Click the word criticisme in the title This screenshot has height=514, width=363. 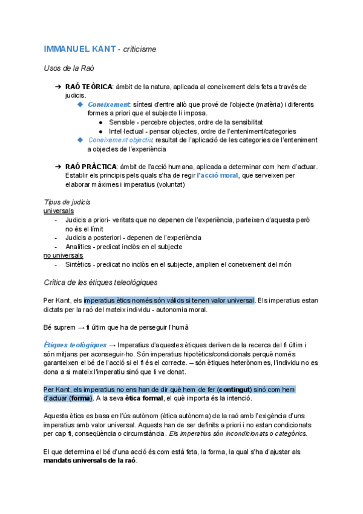point(140,48)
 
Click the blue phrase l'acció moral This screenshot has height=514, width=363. point(217,176)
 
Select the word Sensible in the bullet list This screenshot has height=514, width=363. point(123,122)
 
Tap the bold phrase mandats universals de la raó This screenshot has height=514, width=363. point(90,461)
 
